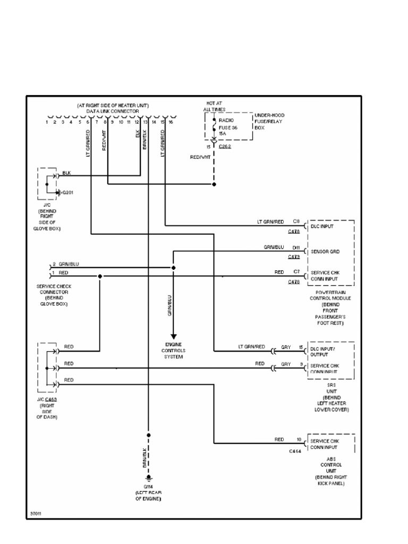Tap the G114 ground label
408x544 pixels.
(x=148, y=487)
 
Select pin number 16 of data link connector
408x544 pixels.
(x=171, y=122)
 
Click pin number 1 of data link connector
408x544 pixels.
(x=47, y=122)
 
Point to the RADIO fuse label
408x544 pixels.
(x=226, y=120)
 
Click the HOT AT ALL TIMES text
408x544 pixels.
(x=214, y=106)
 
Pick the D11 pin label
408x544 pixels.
(x=296, y=248)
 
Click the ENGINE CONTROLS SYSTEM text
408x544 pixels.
(x=173, y=351)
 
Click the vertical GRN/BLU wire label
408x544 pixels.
(x=169, y=306)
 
